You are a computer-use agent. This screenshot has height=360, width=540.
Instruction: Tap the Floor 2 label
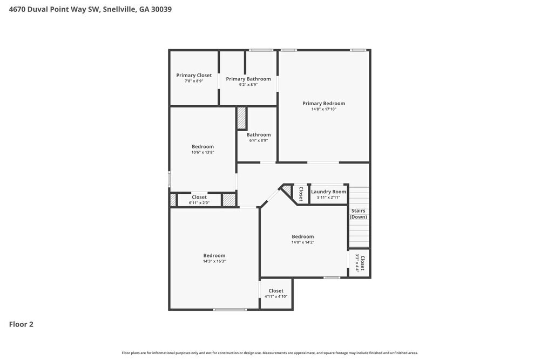click(21, 324)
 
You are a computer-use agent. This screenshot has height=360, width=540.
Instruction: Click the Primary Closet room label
click(194, 76)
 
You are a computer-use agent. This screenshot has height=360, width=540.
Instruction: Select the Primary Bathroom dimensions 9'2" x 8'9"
click(248, 85)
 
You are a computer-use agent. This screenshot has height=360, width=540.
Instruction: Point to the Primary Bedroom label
click(323, 104)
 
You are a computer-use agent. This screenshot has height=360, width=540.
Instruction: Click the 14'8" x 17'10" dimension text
click(323, 110)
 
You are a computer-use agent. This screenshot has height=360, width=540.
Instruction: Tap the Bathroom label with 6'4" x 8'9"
click(259, 135)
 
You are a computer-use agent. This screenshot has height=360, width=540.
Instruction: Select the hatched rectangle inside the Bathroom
click(241, 118)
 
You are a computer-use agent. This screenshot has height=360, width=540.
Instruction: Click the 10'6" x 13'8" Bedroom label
click(202, 147)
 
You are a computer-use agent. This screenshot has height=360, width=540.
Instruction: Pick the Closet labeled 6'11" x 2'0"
click(199, 200)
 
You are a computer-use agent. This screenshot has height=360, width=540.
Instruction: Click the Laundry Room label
click(328, 192)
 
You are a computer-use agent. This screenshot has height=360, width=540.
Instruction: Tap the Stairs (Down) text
click(358, 214)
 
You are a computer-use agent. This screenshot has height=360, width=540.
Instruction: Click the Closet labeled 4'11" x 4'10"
click(275, 293)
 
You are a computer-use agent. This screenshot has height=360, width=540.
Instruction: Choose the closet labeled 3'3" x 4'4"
click(360, 263)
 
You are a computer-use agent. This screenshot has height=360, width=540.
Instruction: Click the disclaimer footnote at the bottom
click(270, 353)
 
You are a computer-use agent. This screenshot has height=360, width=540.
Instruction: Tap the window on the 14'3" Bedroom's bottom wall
click(230, 309)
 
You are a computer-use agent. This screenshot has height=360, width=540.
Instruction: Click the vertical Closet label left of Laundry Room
click(301, 194)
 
